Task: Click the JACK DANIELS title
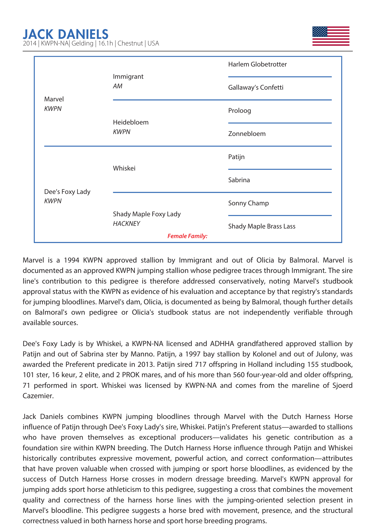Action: [66, 34]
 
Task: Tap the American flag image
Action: [331, 36]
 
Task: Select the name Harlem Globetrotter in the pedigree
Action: [257, 64]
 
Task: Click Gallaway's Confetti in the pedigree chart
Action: [256, 88]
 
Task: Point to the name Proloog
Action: [239, 111]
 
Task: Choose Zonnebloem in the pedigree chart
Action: [247, 134]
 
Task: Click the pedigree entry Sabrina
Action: [239, 180]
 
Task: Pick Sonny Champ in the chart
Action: [248, 203]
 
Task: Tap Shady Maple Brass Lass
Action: [262, 226]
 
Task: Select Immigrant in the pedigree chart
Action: [128, 77]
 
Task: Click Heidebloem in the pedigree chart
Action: [131, 122]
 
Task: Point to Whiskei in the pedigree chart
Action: [124, 168]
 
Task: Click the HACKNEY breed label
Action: [126, 224]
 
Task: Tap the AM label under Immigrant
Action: [118, 86]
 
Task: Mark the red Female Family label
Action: [187, 236]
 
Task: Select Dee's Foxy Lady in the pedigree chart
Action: [67, 192]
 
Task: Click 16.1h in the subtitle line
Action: [106, 43]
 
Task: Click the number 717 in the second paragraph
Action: [200, 364]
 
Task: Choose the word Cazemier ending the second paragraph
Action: [38, 396]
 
